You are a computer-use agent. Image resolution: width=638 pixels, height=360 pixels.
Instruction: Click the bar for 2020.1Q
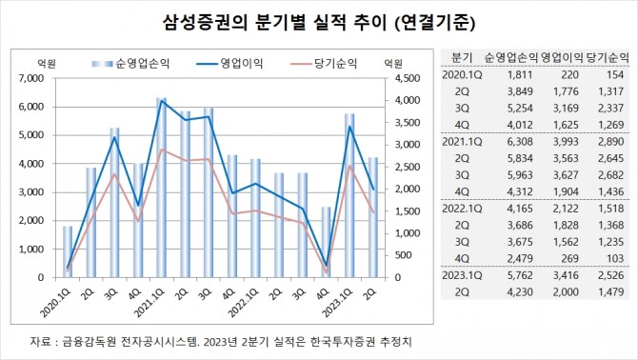(x=68, y=252)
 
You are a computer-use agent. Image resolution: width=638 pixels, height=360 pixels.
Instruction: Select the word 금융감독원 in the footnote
(x=83, y=341)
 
